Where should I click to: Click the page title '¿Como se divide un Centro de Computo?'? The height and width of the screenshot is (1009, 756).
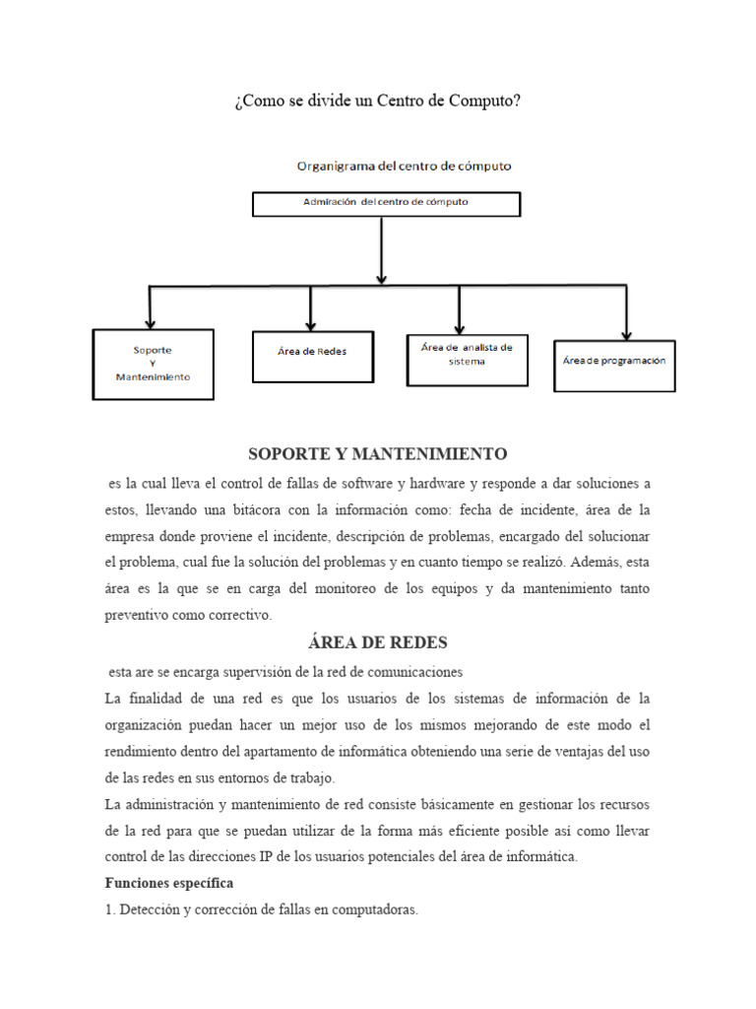pyautogui.click(x=378, y=102)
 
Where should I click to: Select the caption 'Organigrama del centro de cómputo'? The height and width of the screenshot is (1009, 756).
pyautogui.click(x=405, y=167)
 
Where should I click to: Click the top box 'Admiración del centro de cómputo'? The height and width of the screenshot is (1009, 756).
pyautogui.click(x=386, y=203)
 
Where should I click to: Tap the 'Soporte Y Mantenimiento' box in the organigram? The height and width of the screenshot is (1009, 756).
pyautogui.click(x=153, y=364)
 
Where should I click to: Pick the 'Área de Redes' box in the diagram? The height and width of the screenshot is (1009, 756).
pyautogui.click(x=312, y=356)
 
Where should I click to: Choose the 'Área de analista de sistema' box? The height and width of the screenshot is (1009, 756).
pyautogui.click(x=459, y=355)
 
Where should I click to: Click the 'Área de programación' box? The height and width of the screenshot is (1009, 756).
pyautogui.click(x=614, y=362)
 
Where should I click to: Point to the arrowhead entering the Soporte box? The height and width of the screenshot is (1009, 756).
pyautogui.click(x=150, y=321)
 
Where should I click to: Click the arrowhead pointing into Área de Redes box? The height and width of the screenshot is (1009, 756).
pyautogui.click(x=311, y=323)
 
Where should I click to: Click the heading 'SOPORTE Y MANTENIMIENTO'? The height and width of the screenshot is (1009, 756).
pyautogui.click(x=378, y=454)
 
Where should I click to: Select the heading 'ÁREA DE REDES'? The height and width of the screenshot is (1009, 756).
pyautogui.click(x=378, y=642)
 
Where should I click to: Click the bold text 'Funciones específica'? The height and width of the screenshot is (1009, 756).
pyautogui.click(x=168, y=883)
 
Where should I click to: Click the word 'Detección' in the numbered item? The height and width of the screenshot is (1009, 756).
pyautogui.click(x=150, y=909)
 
